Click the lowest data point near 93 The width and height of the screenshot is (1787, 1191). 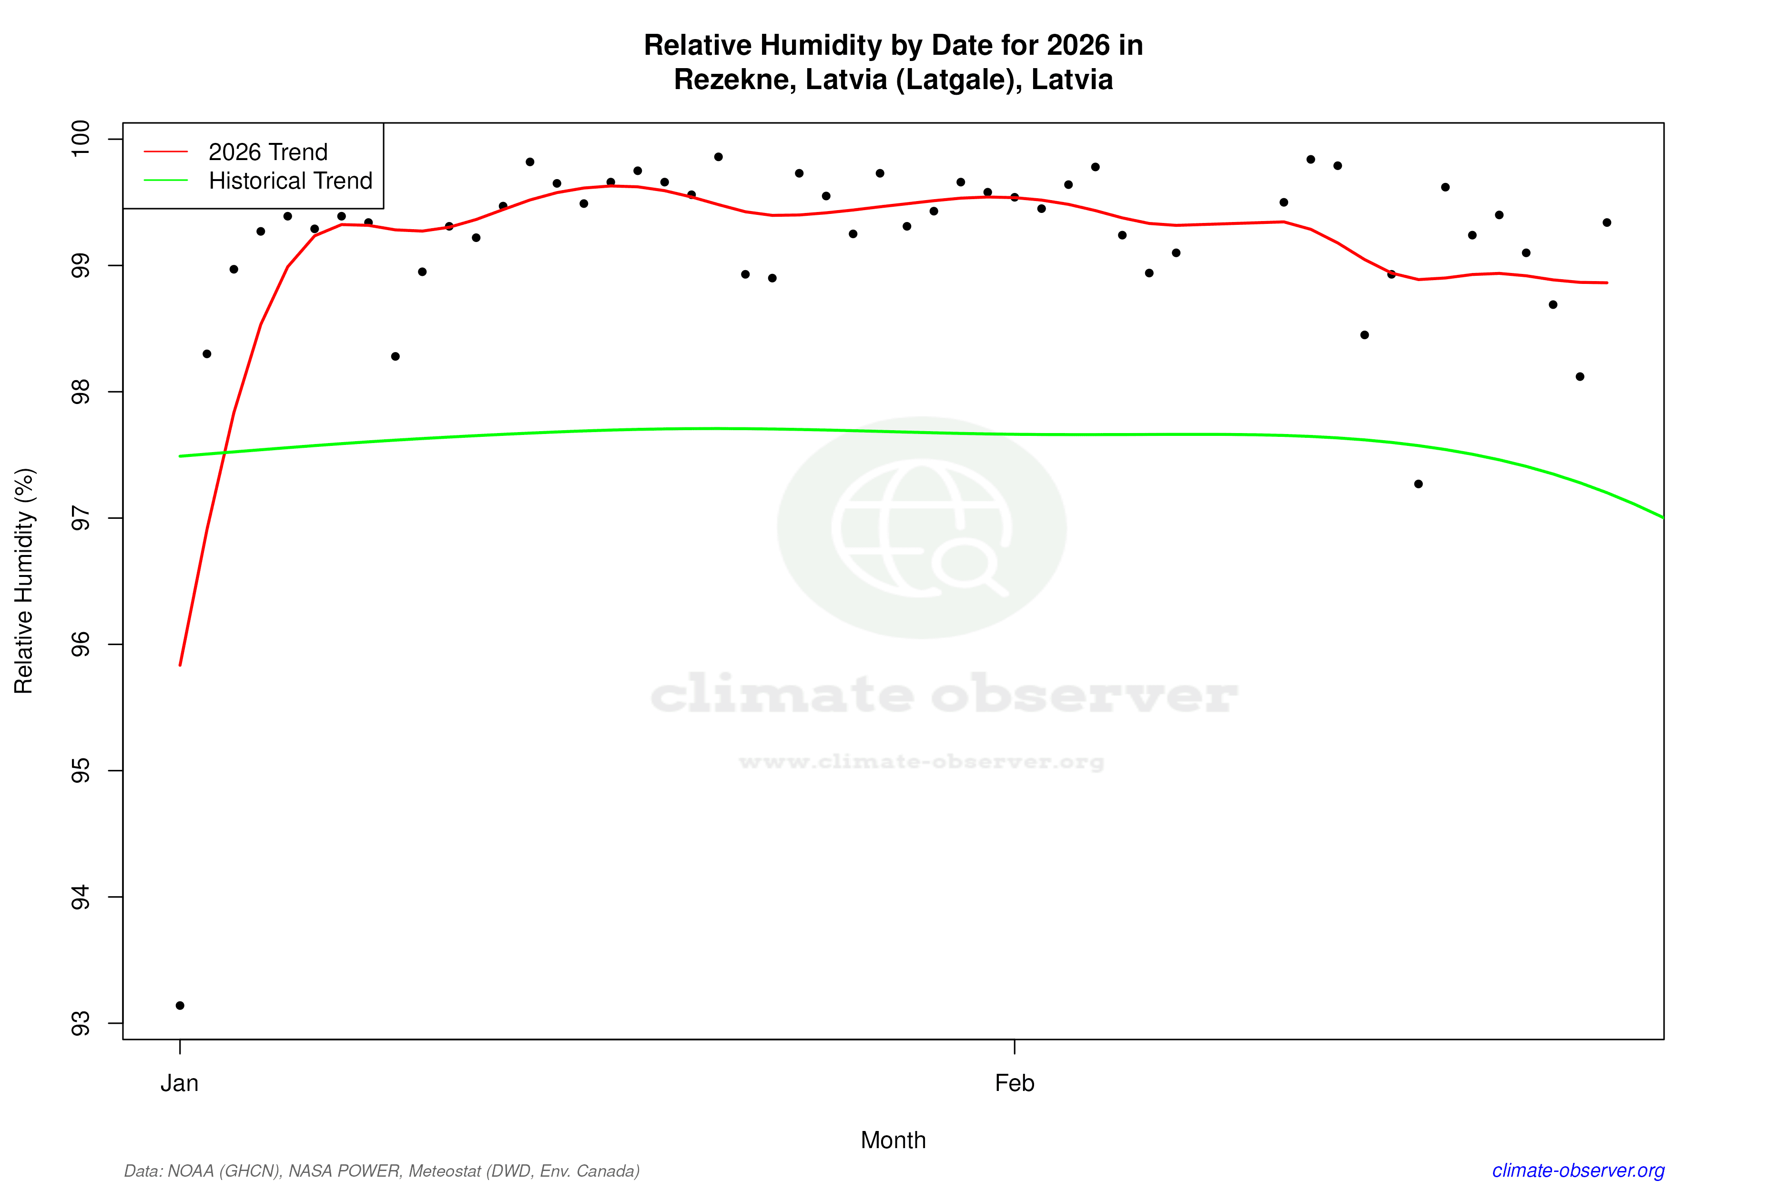pyautogui.click(x=180, y=1006)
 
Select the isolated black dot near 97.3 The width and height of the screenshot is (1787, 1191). pyautogui.click(x=1419, y=484)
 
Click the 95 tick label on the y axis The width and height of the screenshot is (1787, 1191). pyautogui.click(x=80, y=771)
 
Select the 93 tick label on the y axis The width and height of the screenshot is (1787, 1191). pyautogui.click(x=80, y=1023)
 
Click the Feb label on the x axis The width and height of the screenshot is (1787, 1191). pyautogui.click(x=1015, y=1083)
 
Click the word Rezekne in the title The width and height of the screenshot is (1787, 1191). pyautogui.click(x=733, y=80)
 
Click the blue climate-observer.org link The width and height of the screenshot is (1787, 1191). pyautogui.click(x=1578, y=1171)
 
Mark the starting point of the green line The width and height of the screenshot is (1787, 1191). pyautogui.click(x=180, y=456)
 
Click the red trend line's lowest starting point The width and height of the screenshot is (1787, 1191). pyautogui.click(x=180, y=665)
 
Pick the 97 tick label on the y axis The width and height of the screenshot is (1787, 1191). pyautogui.click(x=80, y=518)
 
